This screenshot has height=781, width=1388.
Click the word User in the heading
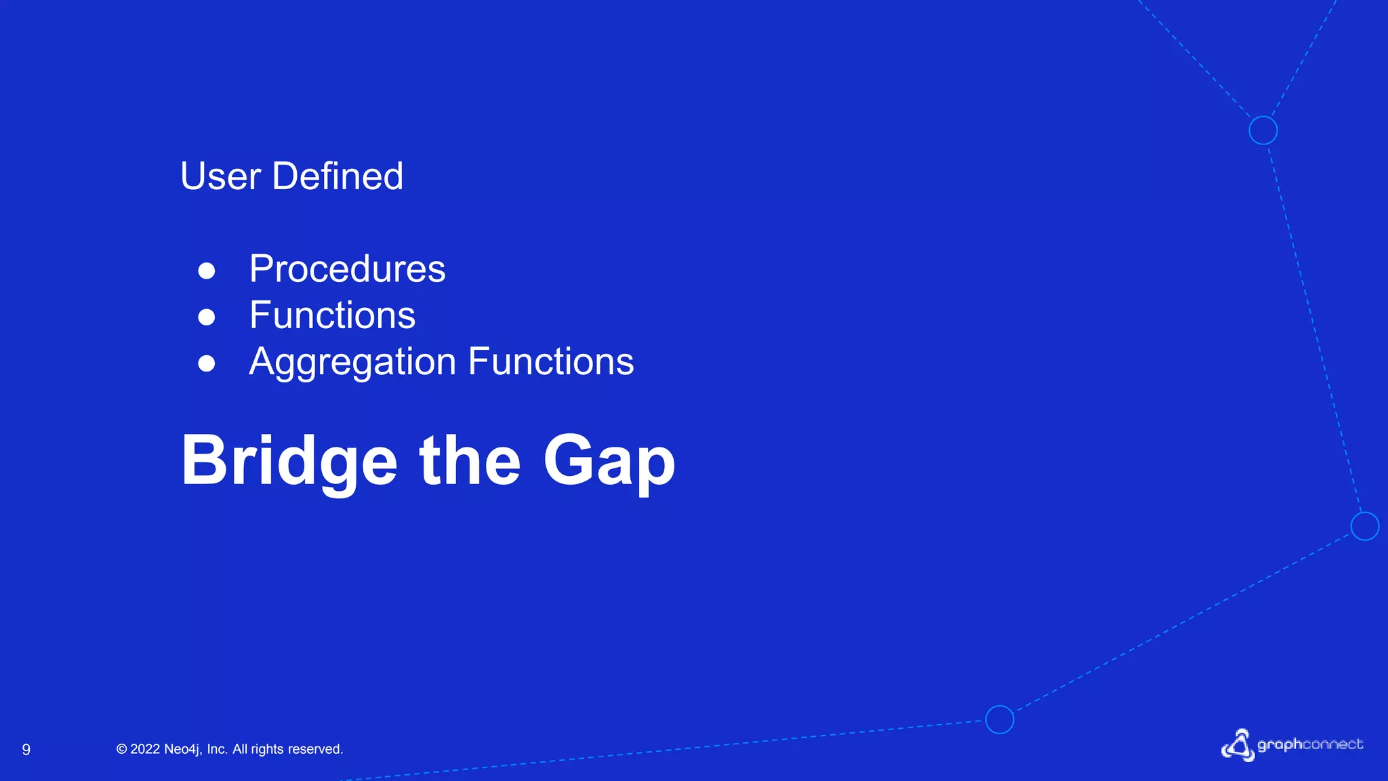[220, 176]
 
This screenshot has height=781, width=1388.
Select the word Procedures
[347, 269]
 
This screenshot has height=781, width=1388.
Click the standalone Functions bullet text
[332, 315]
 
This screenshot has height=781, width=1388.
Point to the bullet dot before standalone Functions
[207, 317]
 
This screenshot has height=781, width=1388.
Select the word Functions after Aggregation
[551, 361]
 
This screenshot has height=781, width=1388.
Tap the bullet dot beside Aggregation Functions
[207, 363]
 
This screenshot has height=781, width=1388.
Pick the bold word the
[470, 461]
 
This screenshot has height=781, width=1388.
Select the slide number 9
[26, 749]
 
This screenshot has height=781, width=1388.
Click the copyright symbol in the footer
[122, 749]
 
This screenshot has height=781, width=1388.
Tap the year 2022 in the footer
[145, 749]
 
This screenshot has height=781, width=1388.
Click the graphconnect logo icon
[1238, 745]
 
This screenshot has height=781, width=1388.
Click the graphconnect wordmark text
[1309, 744]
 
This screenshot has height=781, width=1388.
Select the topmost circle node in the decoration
[1263, 130]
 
